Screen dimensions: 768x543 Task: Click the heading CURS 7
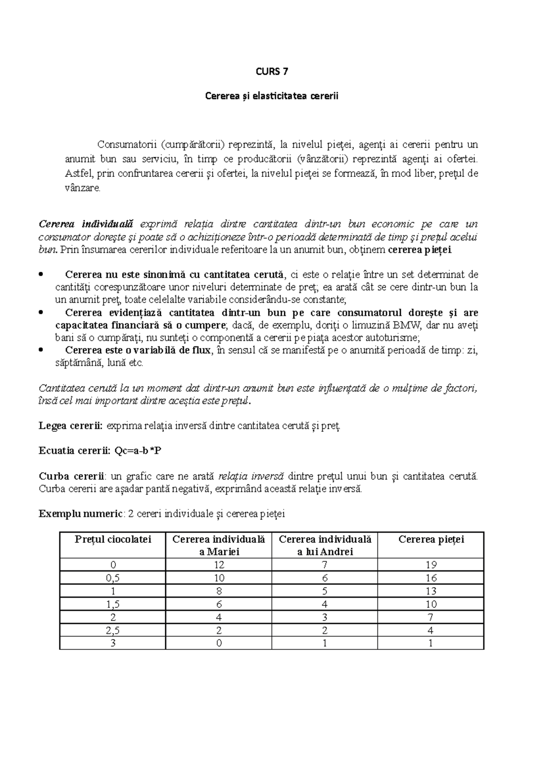(271, 71)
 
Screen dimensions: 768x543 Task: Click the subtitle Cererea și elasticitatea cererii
(271, 96)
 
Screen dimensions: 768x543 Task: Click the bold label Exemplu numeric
(80, 514)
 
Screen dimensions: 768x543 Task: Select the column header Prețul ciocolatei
(113, 539)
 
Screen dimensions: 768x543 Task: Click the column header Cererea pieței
(431, 539)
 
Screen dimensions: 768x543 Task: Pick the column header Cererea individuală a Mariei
(219, 545)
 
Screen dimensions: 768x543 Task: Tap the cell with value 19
(431, 564)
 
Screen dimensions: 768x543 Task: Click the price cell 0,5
(113, 578)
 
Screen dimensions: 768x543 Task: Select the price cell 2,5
(113, 630)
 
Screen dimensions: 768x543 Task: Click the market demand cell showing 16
(431, 578)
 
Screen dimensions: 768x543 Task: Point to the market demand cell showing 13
(431, 591)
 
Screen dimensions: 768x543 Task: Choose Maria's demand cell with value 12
(219, 564)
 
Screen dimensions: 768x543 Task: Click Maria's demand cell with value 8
(219, 591)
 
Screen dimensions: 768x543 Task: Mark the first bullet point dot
(42, 274)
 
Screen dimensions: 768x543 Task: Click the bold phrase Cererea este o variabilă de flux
(138, 350)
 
